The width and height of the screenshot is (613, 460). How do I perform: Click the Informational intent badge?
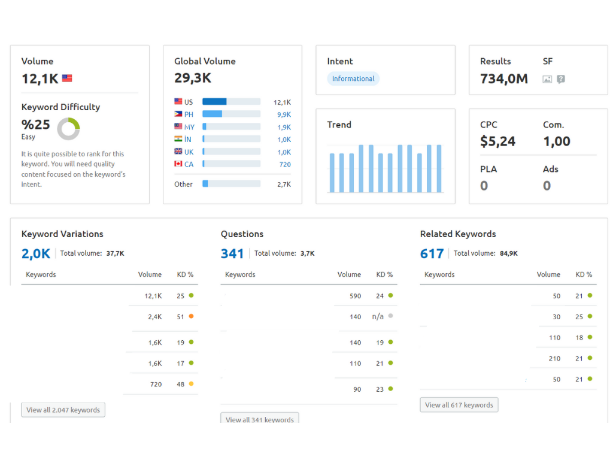(353, 78)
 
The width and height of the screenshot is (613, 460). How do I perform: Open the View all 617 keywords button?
(459, 405)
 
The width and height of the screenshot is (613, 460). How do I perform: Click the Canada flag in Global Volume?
(178, 164)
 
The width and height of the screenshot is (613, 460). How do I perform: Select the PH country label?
(189, 114)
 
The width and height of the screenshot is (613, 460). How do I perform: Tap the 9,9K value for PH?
(284, 114)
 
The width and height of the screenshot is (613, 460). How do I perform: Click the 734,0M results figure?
(504, 79)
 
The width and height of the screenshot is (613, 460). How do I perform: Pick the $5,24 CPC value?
(497, 141)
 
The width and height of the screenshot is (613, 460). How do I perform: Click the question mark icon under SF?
(560, 80)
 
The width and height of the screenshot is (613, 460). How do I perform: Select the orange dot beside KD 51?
(191, 316)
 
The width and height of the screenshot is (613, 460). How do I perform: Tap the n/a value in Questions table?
(378, 316)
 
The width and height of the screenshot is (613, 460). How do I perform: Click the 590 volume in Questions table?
(356, 296)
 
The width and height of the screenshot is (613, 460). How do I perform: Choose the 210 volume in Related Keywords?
(554, 359)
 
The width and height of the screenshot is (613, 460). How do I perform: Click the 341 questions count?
(232, 254)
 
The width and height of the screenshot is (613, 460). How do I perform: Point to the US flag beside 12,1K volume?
(67, 78)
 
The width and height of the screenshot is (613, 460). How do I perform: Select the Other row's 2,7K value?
(284, 184)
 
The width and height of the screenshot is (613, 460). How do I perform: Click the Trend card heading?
(339, 125)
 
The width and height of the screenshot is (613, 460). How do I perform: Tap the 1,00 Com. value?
(557, 141)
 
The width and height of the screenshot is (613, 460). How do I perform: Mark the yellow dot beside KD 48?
(191, 384)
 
